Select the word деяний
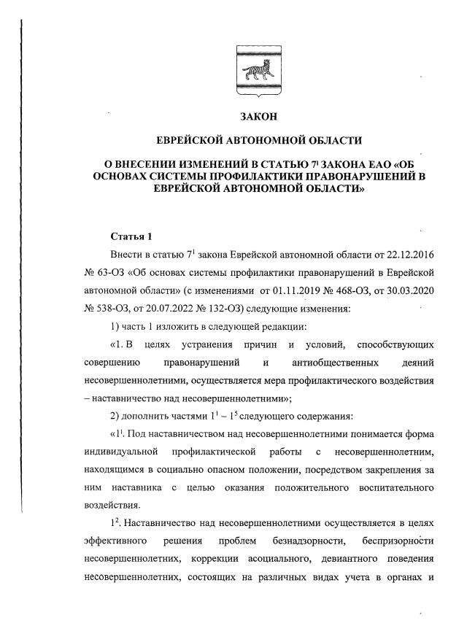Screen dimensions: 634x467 418,363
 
